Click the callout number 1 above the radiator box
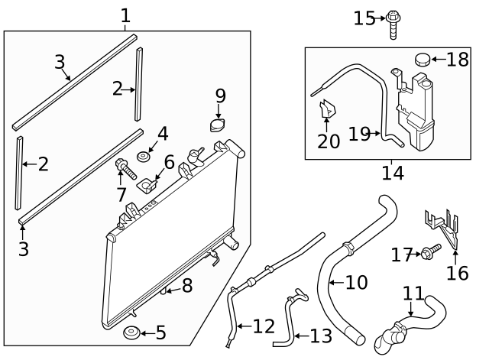tap(125, 15)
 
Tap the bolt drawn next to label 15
tap(393, 21)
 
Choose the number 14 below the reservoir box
tap(392, 173)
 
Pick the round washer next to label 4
tap(142, 158)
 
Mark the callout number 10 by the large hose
tap(355, 282)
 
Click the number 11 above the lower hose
tap(413, 294)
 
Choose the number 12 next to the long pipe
tap(263, 326)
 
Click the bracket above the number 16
tap(442, 226)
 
